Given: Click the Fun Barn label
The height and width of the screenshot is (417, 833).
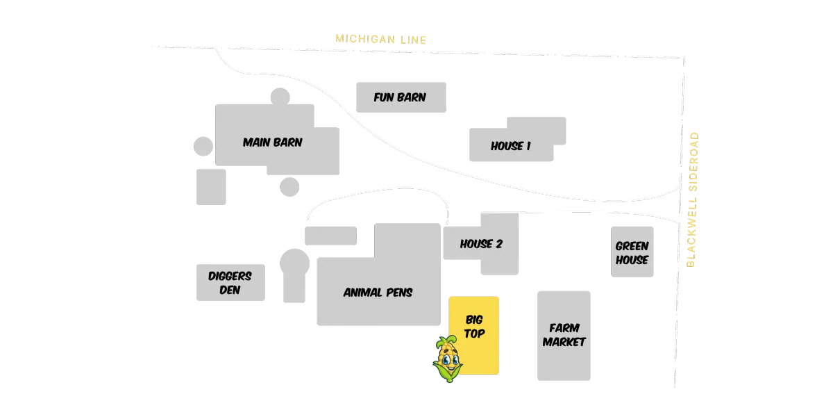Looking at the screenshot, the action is (x=400, y=97).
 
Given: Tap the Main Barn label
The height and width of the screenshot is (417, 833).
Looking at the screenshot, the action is (x=273, y=142).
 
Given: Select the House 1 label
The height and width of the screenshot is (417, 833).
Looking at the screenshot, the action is (x=511, y=146).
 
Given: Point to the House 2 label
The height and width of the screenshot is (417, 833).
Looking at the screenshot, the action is (x=481, y=244).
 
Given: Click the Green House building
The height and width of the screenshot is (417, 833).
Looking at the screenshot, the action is (x=632, y=252).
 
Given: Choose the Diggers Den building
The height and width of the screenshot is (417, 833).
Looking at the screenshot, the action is (x=230, y=283).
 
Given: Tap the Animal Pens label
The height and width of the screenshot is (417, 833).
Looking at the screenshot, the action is (x=378, y=293).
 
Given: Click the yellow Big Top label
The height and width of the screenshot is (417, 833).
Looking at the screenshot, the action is (x=474, y=327).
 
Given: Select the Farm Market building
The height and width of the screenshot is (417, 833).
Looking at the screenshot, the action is (x=564, y=336).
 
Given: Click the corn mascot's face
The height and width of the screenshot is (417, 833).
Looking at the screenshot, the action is (x=448, y=359).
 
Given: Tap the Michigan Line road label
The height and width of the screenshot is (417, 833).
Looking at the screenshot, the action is (x=381, y=39).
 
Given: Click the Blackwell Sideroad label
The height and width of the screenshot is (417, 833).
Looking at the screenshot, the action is (x=692, y=199).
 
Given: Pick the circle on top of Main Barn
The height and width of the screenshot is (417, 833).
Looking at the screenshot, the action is (x=280, y=97).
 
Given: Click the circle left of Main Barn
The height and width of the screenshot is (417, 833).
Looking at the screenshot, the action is (x=203, y=146).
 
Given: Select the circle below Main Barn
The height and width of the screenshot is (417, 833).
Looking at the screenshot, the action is (x=289, y=187).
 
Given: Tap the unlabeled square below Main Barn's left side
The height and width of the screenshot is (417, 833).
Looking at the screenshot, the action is (x=211, y=187).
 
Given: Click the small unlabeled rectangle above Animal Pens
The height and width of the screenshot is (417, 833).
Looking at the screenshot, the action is (x=330, y=236).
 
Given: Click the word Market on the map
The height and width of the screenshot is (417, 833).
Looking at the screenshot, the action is (x=564, y=342).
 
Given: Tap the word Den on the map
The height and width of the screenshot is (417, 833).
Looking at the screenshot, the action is (x=230, y=290).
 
